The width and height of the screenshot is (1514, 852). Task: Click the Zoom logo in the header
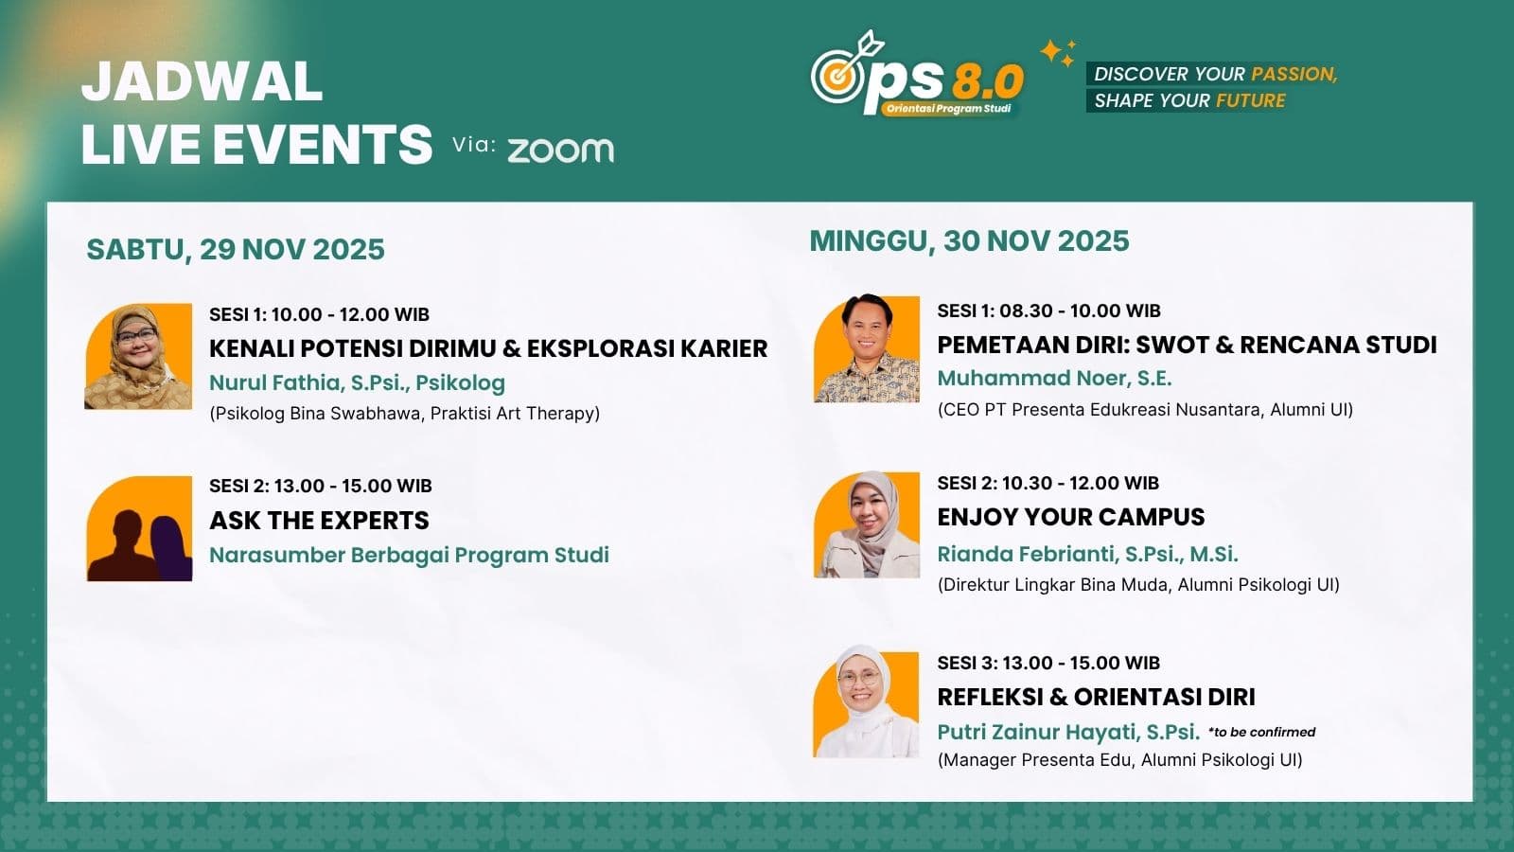pyautogui.click(x=560, y=150)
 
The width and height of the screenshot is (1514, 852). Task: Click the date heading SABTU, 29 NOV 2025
pyautogui.click(x=236, y=249)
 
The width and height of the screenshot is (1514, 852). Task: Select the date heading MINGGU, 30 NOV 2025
pyautogui.click(x=969, y=240)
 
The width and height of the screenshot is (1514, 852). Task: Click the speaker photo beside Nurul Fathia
pyautogui.click(x=138, y=357)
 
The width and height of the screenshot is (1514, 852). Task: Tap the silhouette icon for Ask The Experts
pyautogui.click(x=139, y=529)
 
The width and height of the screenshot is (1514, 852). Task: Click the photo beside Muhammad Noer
pyautogui.click(x=866, y=349)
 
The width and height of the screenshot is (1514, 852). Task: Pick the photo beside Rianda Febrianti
pyautogui.click(x=866, y=524)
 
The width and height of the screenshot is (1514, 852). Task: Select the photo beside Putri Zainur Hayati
pyautogui.click(x=865, y=704)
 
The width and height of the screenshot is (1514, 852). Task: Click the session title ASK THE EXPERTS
pyautogui.click(x=319, y=521)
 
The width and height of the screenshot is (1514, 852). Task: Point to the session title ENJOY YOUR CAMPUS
pyautogui.click(x=1070, y=517)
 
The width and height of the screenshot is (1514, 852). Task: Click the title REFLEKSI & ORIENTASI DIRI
pyautogui.click(x=1096, y=697)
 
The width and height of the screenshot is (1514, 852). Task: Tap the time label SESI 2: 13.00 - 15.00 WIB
pyautogui.click(x=320, y=486)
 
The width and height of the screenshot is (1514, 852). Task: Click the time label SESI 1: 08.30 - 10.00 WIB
pyautogui.click(x=1048, y=311)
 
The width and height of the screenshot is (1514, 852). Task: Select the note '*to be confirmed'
pyautogui.click(x=1261, y=732)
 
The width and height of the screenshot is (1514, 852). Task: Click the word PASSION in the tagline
pyautogui.click(x=1294, y=74)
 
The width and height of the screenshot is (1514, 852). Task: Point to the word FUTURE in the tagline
pyautogui.click(x=1250, y=100)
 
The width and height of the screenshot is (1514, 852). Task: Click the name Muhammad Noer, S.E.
pyautogui.click(x=1054, y=378)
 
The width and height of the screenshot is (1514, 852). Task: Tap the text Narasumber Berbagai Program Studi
pyautogui.click(x=409, y=555)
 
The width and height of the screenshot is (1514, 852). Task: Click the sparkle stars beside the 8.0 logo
pyautogui.click(x=1058, y=53)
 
